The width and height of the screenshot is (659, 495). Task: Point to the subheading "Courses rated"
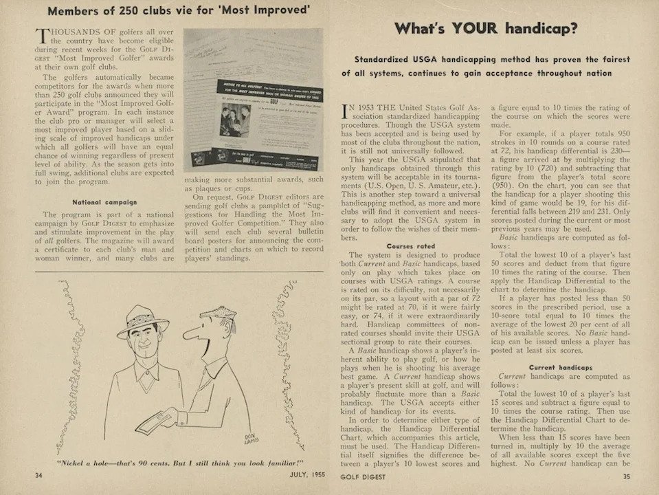[410, 245]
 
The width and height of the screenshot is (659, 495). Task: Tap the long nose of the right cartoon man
[193, 336]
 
